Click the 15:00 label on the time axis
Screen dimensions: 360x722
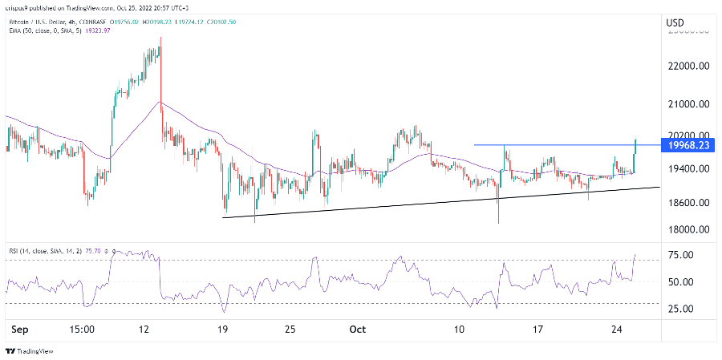pos(83,330)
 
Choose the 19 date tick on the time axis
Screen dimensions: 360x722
pos(223,330)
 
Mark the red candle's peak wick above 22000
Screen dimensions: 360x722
pos(161,38)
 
